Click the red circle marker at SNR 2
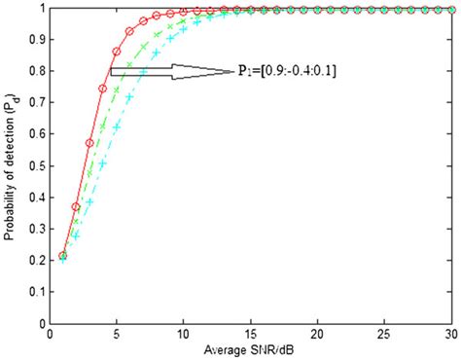pos(76,206)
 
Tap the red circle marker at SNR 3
pos(89,143)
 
